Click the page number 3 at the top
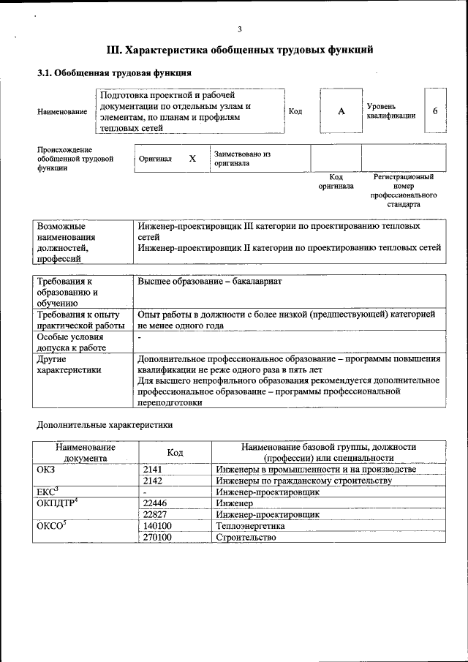(240, 29)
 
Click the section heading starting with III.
(240, 50)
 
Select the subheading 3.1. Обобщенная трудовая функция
(114, 73)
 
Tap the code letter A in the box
(341, 111)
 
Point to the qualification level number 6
(435, 110)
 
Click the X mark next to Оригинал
(192, 159)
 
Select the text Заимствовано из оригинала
(242, 159)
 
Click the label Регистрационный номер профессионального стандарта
(404, 191)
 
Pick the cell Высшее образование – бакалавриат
(210, 281)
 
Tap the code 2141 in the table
(154, 469)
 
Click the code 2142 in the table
(154, 481)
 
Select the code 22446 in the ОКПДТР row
(156, 503)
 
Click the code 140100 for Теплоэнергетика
(158, 526)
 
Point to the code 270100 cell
(158, 538)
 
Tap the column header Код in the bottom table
(175, 452)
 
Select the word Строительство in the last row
(246, 538)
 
